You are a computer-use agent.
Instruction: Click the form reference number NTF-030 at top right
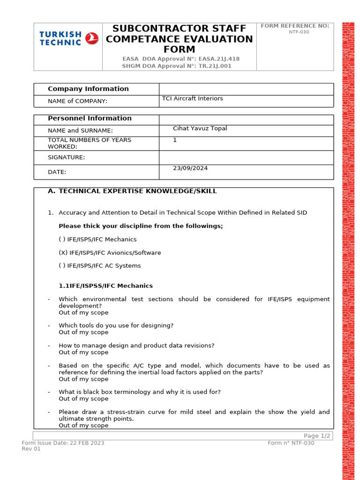click(299, 32)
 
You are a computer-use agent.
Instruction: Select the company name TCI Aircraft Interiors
click(192, 98)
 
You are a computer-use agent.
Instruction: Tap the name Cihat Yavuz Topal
click(200, 128)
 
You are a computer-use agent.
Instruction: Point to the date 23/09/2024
click(190, 168)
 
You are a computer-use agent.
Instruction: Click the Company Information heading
click(88, 89)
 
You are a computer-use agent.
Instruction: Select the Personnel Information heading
click(90, 118)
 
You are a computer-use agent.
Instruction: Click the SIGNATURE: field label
click(66, 157)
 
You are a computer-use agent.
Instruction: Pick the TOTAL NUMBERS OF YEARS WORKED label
click(89, 143)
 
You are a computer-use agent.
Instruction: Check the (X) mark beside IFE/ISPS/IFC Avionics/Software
click(63, 253)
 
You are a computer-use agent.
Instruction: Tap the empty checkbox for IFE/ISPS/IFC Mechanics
click(62, 240)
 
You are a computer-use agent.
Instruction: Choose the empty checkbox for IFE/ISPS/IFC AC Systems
click(62, 266)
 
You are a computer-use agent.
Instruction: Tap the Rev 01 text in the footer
click(31, 449)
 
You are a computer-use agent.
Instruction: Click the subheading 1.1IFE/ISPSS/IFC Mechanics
click(105, 285)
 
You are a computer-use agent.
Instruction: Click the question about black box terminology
click(140, 392)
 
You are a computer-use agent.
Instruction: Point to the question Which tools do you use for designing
click(116, 325)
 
